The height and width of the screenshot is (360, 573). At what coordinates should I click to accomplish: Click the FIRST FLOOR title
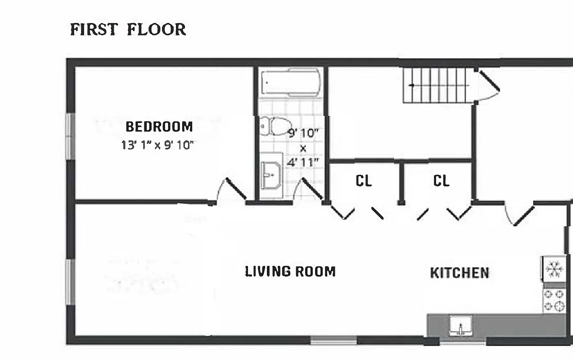click(x=128, y=30)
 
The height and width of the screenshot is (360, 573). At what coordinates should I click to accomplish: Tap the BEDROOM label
click(x=159, y=127)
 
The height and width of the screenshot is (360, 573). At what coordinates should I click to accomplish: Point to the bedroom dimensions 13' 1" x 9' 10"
click(x=157, y=145)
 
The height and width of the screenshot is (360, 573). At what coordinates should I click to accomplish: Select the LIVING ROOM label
click(x=290, y=272)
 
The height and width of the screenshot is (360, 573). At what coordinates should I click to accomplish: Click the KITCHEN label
click(x=460, y=273)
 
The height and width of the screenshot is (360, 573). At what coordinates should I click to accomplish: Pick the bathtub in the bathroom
click(x=291, y=81)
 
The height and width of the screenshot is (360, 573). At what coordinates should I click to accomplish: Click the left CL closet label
click(x=364, y=181)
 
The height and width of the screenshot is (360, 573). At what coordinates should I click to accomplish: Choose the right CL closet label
click(x=441, y=181)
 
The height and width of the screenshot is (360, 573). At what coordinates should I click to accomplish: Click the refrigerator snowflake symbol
click(x=553, y=269)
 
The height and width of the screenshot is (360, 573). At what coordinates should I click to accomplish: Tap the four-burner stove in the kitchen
click(x=554, y=300)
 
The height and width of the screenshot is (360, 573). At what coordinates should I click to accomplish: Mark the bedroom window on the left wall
click(x=70, y=135)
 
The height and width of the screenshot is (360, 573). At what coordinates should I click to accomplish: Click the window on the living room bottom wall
click(x=334, y=340)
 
